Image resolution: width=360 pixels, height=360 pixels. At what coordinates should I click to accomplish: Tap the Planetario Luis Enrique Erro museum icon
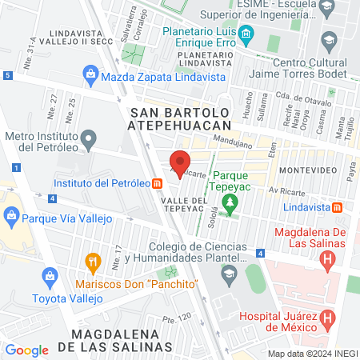coord(246,34)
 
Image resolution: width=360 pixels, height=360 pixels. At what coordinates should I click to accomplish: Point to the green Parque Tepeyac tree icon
coord(230,202)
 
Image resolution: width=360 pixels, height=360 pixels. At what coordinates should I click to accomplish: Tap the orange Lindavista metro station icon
coord(338,206)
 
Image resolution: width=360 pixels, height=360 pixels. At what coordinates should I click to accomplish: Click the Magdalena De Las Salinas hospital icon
coord(326,259)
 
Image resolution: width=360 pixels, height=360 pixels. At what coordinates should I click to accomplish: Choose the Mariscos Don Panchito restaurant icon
coord(94,261)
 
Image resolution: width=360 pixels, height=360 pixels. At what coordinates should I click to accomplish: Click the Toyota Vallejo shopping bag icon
coord(50,277)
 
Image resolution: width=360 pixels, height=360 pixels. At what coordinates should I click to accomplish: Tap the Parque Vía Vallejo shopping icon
coord(11,215)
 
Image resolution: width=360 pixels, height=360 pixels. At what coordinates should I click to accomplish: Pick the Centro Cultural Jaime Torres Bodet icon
coord(328,38)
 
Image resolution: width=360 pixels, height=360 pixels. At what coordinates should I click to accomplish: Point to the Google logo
coord(26,350)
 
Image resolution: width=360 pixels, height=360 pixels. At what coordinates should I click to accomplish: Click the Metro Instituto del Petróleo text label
coord(50,142)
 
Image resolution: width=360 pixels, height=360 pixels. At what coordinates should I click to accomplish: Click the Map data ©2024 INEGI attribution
coord(311,354)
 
